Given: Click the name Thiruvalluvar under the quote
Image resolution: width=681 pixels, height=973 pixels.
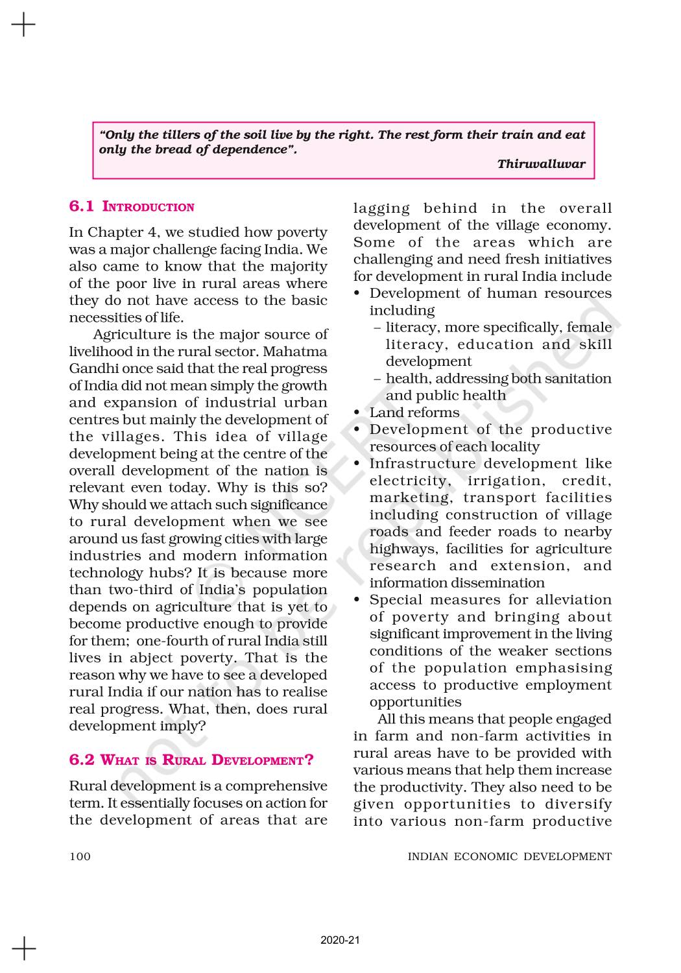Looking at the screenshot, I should [x=541, y=164].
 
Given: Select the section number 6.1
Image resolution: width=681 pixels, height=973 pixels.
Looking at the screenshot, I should [x=81, y=207].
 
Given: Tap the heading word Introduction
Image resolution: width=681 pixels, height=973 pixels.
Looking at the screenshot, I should [x=149, y=208].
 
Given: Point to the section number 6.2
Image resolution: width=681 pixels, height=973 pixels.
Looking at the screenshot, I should [x=82, y=760].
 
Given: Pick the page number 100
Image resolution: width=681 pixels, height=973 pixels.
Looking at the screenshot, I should [x=80, y=856].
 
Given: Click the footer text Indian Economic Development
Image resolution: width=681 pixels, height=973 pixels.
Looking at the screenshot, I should [x=509, y=856].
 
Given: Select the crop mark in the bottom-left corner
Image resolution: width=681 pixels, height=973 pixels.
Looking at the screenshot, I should [x=23, y=948].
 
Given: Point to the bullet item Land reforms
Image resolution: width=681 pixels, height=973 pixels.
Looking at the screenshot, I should [x=414, y=413].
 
